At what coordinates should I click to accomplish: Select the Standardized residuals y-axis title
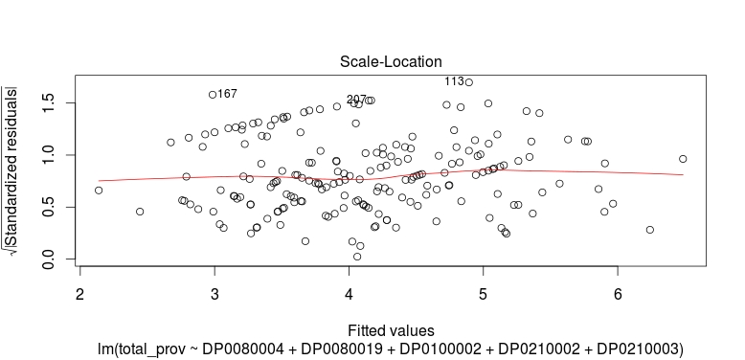click(x=18, y=171)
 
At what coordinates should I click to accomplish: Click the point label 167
click(x=227, y=94)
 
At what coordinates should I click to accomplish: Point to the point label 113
click(x=454, y=81)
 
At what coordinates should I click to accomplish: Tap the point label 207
click(x=356, y=100)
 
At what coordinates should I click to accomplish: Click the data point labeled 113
click(x=468, y=82)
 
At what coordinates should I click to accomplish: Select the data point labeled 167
click(x=213, y=95)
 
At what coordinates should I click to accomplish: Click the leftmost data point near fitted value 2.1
click(x=99, y=190)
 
